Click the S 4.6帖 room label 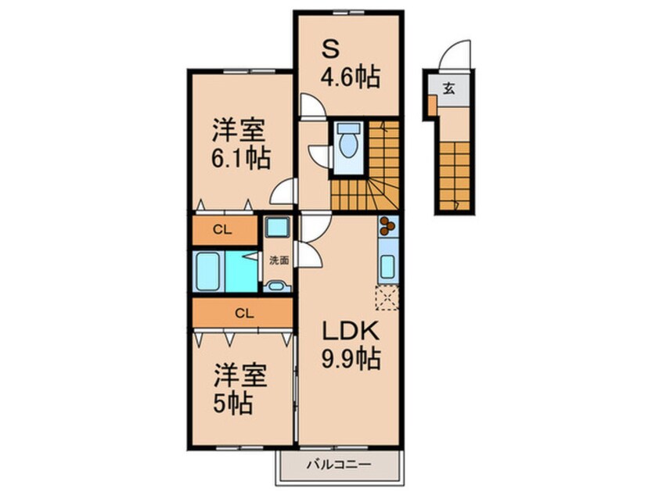click(x=349, y=64)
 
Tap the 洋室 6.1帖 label click(x=240, y=144)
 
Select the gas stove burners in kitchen click(x=387, y=226)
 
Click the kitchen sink click(x=387, y=261)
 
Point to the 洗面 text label click(x=278, y=261)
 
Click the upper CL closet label click(x=223, y=229)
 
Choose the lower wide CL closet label click(x=244, y=313)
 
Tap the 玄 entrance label click(x=449, y=88)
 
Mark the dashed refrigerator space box click(x=386, y=298)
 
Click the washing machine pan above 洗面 click(x=276, y=229)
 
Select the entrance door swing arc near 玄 click(x=454, y=56)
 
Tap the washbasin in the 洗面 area click(x=276, y=286)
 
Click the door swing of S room click(x=311, y=106)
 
